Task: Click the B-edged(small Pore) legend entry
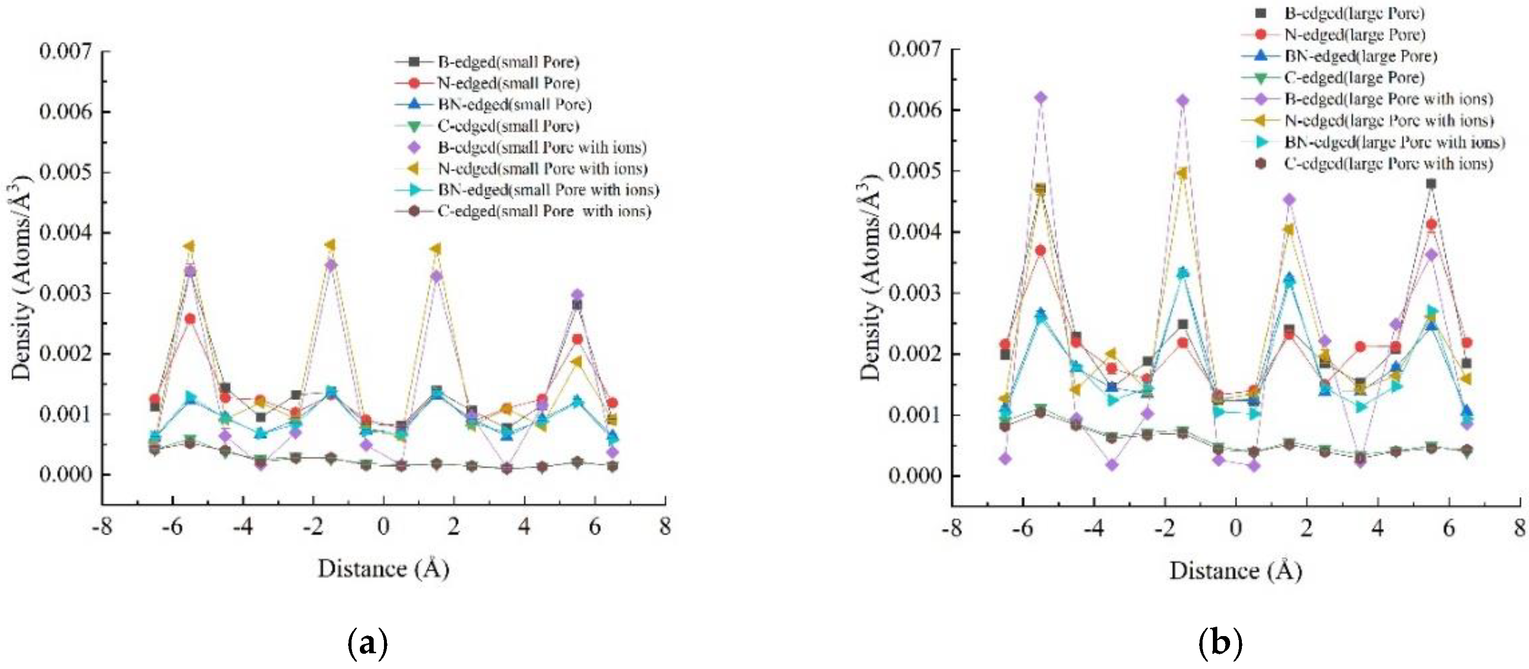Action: (508, 62)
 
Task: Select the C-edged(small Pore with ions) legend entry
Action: (544, 211)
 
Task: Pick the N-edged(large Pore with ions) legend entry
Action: (1388, 120)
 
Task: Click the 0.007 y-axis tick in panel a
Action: (65, 51)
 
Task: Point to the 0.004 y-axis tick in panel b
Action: (914, 232)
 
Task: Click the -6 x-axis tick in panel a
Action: (172, 526)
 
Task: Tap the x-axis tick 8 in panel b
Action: (1519, 527)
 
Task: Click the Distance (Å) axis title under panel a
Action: (383, 569)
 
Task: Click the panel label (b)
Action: (1219, 643)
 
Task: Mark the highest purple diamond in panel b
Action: (1040, 97)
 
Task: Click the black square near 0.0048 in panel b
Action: (1431, 183)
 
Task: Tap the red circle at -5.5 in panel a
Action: (190, 319)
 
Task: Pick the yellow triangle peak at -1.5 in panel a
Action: (330, 245)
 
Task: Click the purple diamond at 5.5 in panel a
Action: (577, 295)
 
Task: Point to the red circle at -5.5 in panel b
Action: (1040, 251)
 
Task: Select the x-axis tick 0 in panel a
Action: (383, 526)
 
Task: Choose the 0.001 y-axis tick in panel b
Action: (914, 414)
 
